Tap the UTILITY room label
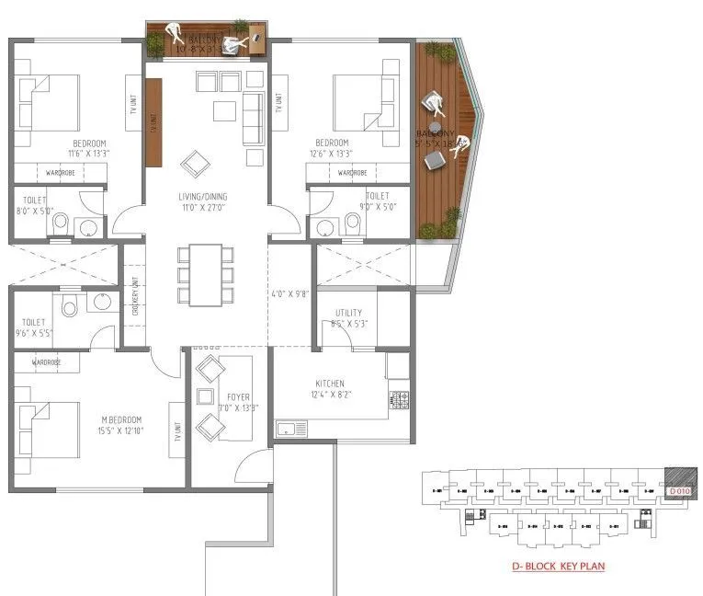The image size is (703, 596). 349,313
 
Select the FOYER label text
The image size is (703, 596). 238,396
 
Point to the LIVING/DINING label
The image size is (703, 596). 203,197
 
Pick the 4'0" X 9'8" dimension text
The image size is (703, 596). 291,295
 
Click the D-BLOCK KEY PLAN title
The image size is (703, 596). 558,567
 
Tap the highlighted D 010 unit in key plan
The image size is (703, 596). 678,492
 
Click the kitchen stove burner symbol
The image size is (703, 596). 399,400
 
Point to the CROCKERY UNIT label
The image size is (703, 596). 134,295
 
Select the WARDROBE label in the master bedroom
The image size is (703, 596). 46,362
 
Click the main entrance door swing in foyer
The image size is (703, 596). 253,466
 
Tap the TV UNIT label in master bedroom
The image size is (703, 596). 177,439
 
